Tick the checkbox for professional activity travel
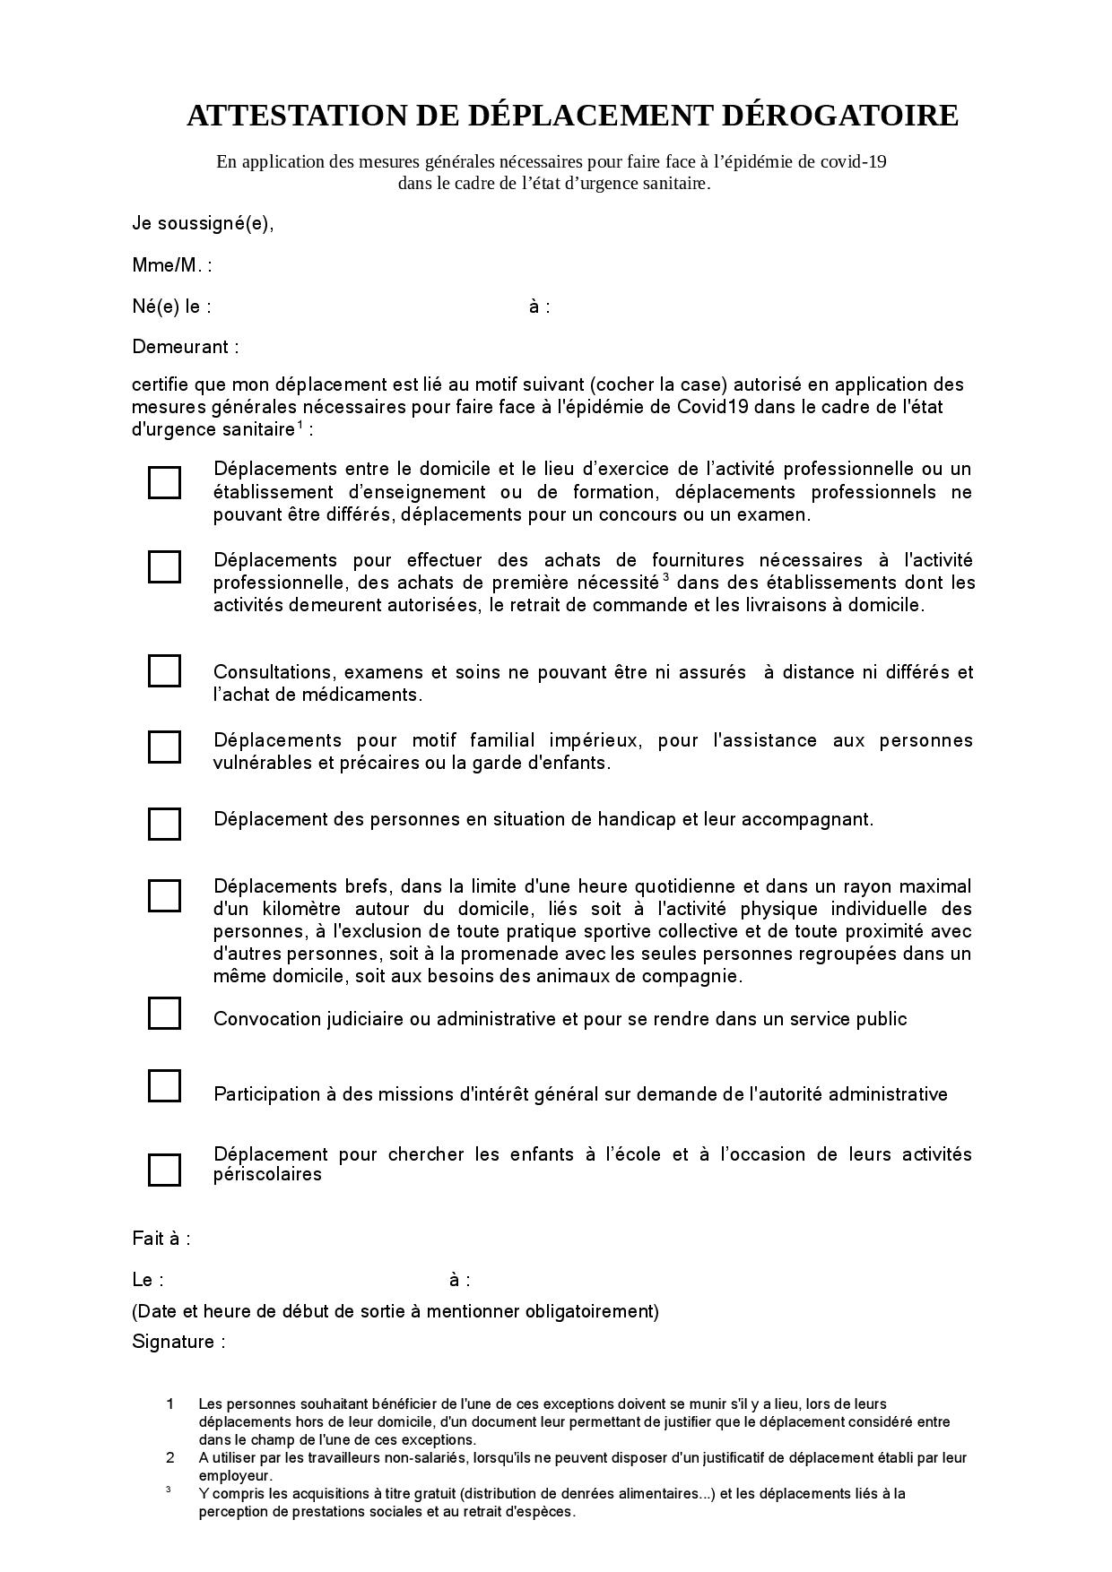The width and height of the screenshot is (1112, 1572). coord(164,482)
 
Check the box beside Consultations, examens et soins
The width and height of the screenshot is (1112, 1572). coord(164,670)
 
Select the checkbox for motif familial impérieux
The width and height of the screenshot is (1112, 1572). coord(164,747)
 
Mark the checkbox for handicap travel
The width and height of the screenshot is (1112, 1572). coord(164,824)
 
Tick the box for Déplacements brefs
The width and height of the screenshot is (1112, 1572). coord(164,895)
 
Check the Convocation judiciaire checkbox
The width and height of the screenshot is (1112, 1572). coord(164,1014)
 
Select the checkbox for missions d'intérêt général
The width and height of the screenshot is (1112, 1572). coord(164,1086)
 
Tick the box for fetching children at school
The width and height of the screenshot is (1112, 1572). coord(164,1170)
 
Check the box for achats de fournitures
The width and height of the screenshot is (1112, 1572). coord(164,566)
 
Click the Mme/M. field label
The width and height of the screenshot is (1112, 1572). coord(171,265)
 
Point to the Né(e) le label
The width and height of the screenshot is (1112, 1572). coord(171,307)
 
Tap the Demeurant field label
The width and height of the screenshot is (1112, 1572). coord(185,347)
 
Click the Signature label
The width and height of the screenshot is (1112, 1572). coord(178,1342)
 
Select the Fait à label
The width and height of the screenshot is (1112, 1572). coord(161,1239)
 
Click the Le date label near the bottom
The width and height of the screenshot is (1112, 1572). coord(147,1280)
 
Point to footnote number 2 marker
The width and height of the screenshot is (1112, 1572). coord(170,1458)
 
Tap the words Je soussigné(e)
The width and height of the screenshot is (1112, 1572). coord(203,223)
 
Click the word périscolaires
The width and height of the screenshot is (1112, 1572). coord(267,1174)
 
